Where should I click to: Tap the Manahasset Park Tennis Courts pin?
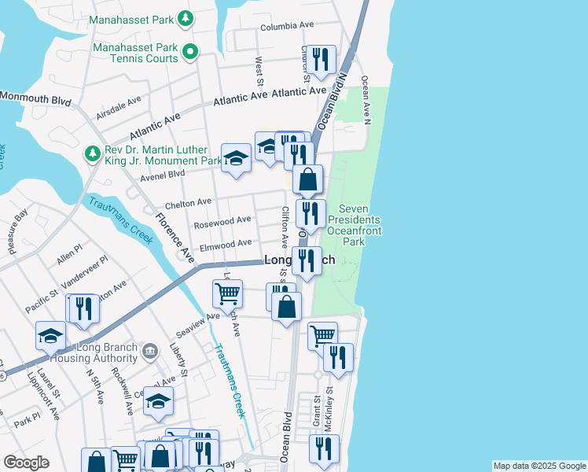[x=189, y=53]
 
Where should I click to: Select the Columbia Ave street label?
[x=288, y=26]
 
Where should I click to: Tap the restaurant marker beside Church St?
[x=321, y=59]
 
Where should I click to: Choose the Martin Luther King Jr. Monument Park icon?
[x=93, y=153]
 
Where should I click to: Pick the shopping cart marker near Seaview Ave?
[x=227, y=293]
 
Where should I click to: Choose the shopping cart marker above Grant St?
[x=322, y=335]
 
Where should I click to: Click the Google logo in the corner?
[x=26, y=463]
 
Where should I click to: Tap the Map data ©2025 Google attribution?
[x=538, y=466]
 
